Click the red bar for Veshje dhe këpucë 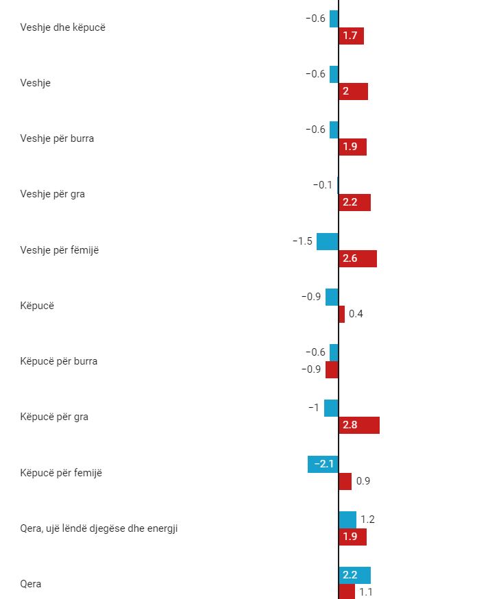click(x=351, y=36)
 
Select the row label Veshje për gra click(x=53, y=194)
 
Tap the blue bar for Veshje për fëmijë click(x=328, y=241)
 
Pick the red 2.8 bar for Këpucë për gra click(x=359, y=425)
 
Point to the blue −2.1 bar click(x=323, y=464)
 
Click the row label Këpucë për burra click(x=59, y=361)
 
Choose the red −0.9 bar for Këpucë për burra click(x=332, y=369)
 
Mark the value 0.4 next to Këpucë click(x=356, y=314)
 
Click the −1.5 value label click(x=302, y=241)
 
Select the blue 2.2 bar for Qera click(x=354, y=575)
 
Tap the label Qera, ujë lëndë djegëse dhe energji click(x=99, y=528)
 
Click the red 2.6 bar click(x=358, y=258)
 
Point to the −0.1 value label click(x=322, y=185)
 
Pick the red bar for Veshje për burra click(x=352, y=147)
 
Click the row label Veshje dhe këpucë click(x=63, y=27)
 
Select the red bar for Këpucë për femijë click(x=345, y=481)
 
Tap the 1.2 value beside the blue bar click(x=367, y=519)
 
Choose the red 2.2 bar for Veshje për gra click(x=354, y=202)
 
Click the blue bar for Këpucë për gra click(x=331, y=408)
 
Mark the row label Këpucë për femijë click(x=61, y=473)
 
